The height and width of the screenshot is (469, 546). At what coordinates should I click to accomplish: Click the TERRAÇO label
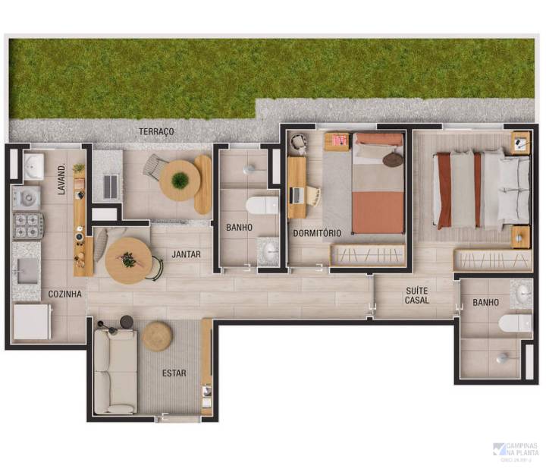coord(156,132)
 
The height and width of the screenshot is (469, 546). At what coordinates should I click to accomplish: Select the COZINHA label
coord(65,294)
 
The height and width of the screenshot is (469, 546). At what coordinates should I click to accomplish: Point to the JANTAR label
coord(186,254)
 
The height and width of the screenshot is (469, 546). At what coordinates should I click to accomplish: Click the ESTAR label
coord(174,373)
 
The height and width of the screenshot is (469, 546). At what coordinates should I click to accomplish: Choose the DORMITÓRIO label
coord(317,232)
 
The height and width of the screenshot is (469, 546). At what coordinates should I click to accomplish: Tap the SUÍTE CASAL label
coord(417,294)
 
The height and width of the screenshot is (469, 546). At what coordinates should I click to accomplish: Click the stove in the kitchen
coord(28,225)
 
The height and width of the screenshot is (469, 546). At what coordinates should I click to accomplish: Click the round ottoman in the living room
coord(158,335)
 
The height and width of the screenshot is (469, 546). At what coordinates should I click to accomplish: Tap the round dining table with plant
coord(127,260)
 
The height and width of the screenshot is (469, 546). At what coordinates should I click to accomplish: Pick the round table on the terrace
coord(180,181)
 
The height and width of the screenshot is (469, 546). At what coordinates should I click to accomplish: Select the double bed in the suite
coord(482,189)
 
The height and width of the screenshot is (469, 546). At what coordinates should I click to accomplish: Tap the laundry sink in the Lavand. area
coord(33,166)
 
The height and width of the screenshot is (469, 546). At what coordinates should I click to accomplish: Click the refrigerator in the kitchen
coord(32,321)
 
